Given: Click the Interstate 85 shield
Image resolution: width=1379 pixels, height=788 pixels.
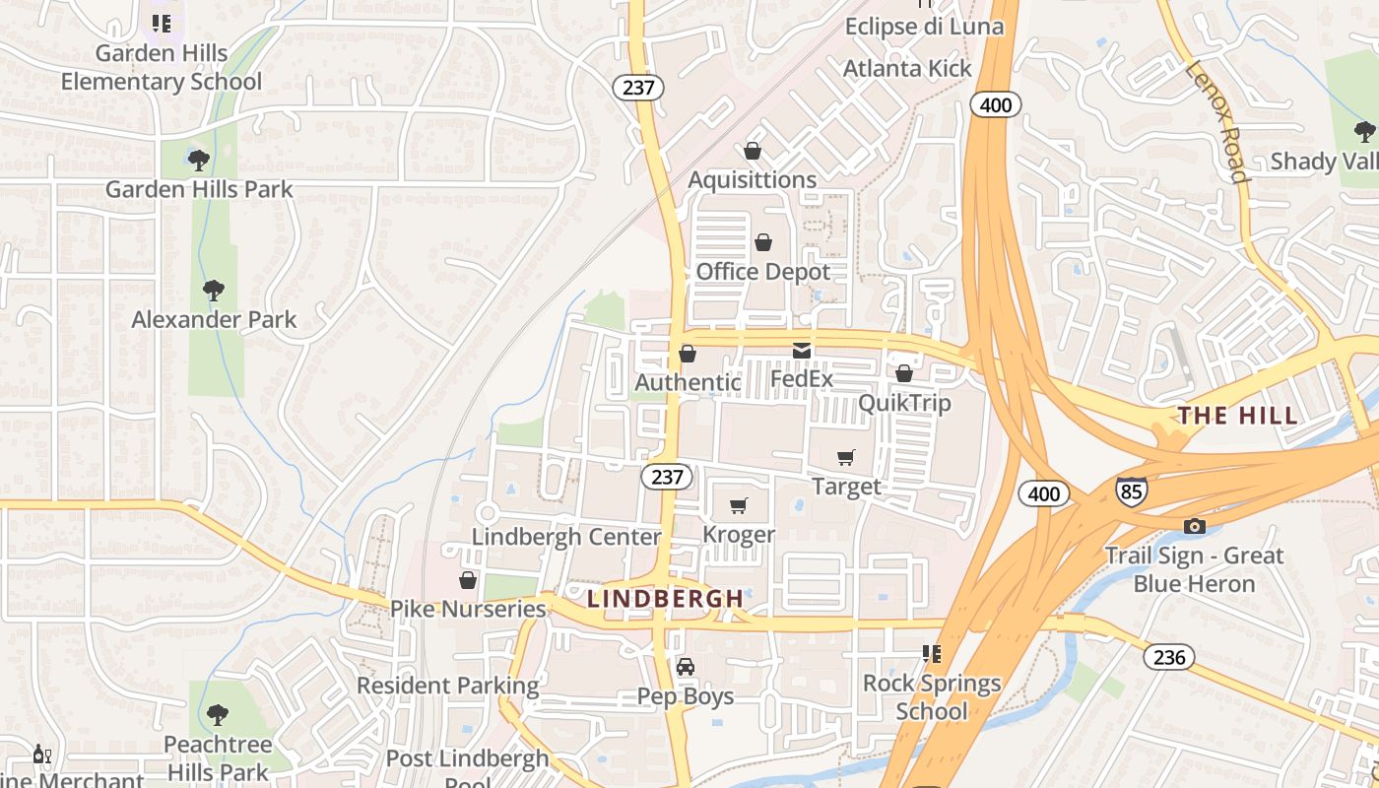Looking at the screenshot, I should (1131, 489).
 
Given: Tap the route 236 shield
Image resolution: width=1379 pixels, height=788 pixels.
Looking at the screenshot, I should (1169, 657).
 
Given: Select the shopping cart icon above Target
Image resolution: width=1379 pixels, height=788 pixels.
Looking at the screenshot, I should (845, 457).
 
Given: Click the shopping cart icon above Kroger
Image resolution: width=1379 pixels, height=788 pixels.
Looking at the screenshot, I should (738, 505).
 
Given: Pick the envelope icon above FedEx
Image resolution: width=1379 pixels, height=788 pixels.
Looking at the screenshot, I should (801, 350).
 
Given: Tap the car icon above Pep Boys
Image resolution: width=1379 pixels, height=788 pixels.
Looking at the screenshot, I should (686, 667).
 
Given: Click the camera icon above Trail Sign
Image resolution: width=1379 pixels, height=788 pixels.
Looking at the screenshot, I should (1195, 526).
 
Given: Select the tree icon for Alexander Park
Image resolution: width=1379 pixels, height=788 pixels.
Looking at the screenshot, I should (213, 290).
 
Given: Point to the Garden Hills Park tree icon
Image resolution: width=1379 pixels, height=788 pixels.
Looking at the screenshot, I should (199, 159).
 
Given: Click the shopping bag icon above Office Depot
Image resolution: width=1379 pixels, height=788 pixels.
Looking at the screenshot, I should (762, 242).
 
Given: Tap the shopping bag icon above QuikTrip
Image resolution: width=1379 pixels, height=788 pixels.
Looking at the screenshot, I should (903, 373).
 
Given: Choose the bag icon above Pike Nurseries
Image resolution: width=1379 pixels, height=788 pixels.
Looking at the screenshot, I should (468, 580).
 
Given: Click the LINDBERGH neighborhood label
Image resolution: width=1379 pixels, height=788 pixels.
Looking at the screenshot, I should (666, 598).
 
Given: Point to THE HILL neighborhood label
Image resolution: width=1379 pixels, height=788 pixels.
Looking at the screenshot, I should (1238, 416).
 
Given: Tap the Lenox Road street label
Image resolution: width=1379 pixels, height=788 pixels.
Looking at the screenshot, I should (1217, 123).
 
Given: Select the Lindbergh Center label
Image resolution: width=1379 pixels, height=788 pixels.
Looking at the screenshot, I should (566, 537).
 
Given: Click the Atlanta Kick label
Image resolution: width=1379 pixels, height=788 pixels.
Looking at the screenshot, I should (907, 68).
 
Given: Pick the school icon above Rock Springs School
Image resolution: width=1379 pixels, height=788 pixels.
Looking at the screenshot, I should (931, 653).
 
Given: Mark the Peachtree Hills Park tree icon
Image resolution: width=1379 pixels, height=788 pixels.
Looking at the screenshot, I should (218, 714).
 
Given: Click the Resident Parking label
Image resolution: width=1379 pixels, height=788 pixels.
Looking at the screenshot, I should (448, 686).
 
